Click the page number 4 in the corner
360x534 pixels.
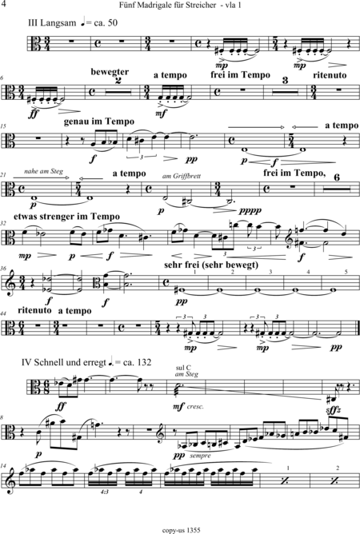3,5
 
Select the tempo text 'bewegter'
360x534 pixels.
110,72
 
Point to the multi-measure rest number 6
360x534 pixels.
337,177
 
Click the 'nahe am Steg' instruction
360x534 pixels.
44,171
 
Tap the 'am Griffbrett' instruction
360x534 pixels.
182,176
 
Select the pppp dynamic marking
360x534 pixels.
250,211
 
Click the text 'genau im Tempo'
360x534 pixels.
99,122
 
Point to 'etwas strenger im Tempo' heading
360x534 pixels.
66,217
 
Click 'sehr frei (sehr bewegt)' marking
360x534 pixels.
211,265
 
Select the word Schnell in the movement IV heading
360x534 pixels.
49,362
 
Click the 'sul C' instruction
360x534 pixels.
183,368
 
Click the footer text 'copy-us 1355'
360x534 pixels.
181,530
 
